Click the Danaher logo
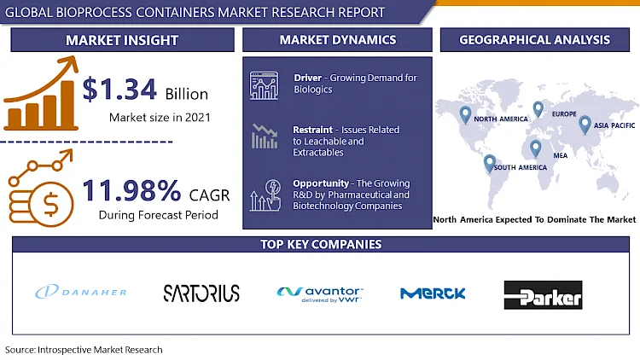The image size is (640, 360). click(81, 292)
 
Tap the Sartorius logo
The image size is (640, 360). click(201, 293)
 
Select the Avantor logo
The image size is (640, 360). click(320, 294)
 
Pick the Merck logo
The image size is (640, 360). click(433, 293)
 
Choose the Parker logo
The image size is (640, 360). click(544, 294)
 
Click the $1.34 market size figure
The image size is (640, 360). click(119, 89)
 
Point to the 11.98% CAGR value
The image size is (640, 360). click(131, 190)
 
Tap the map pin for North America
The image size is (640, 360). click(465, 115)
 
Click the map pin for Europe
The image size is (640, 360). click(538, 109)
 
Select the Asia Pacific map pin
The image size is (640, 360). click(585, 125)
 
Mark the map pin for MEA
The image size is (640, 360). click(536, 148)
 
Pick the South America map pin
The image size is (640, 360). click(490, 164)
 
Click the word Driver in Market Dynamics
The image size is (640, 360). click(308, 78)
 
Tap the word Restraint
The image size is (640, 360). click(312, 130)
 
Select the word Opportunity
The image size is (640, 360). click(321, 183)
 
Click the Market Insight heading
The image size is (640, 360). click(122, 40)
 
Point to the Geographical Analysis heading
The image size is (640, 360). click(535, 39)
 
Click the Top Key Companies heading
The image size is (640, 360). click(321, 244)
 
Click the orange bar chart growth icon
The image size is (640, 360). click(41, 94)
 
